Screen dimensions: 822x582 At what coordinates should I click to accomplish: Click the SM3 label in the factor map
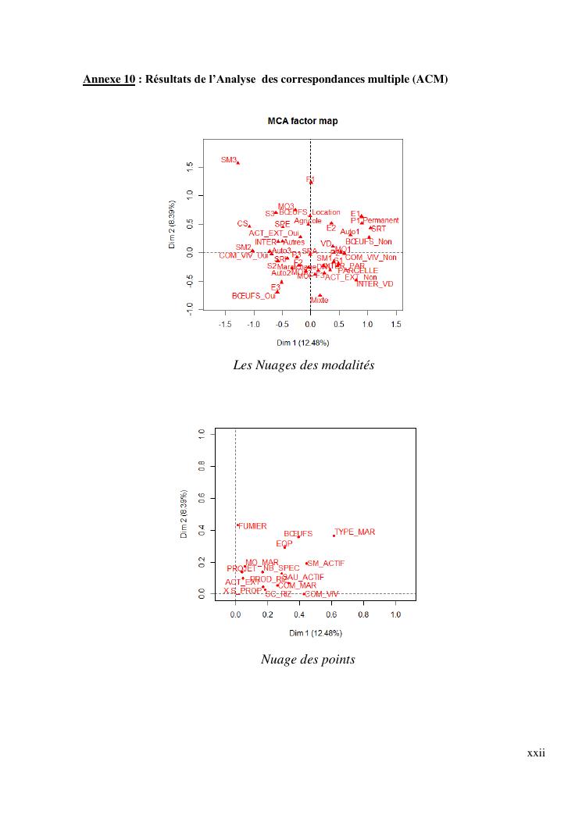point(228,159)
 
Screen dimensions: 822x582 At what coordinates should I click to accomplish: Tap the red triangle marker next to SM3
point(237,163)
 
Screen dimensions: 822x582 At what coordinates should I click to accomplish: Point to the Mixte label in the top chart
point(320,300)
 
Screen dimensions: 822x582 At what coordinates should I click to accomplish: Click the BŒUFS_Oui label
point(254,296)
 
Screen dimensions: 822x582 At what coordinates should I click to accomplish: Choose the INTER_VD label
point(375,283)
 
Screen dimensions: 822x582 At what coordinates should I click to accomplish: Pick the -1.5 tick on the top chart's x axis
point(225,324)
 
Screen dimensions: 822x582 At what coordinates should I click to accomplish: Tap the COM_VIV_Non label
point(371,257)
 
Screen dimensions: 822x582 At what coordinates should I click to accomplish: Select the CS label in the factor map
point(242,223)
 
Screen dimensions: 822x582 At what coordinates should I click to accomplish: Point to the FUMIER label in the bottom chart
point(253,526)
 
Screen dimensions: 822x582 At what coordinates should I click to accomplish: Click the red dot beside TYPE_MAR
point(334,535)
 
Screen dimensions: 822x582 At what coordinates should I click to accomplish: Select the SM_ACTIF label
point(327,563)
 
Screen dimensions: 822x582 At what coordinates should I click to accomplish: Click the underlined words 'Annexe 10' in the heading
point(109,79)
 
